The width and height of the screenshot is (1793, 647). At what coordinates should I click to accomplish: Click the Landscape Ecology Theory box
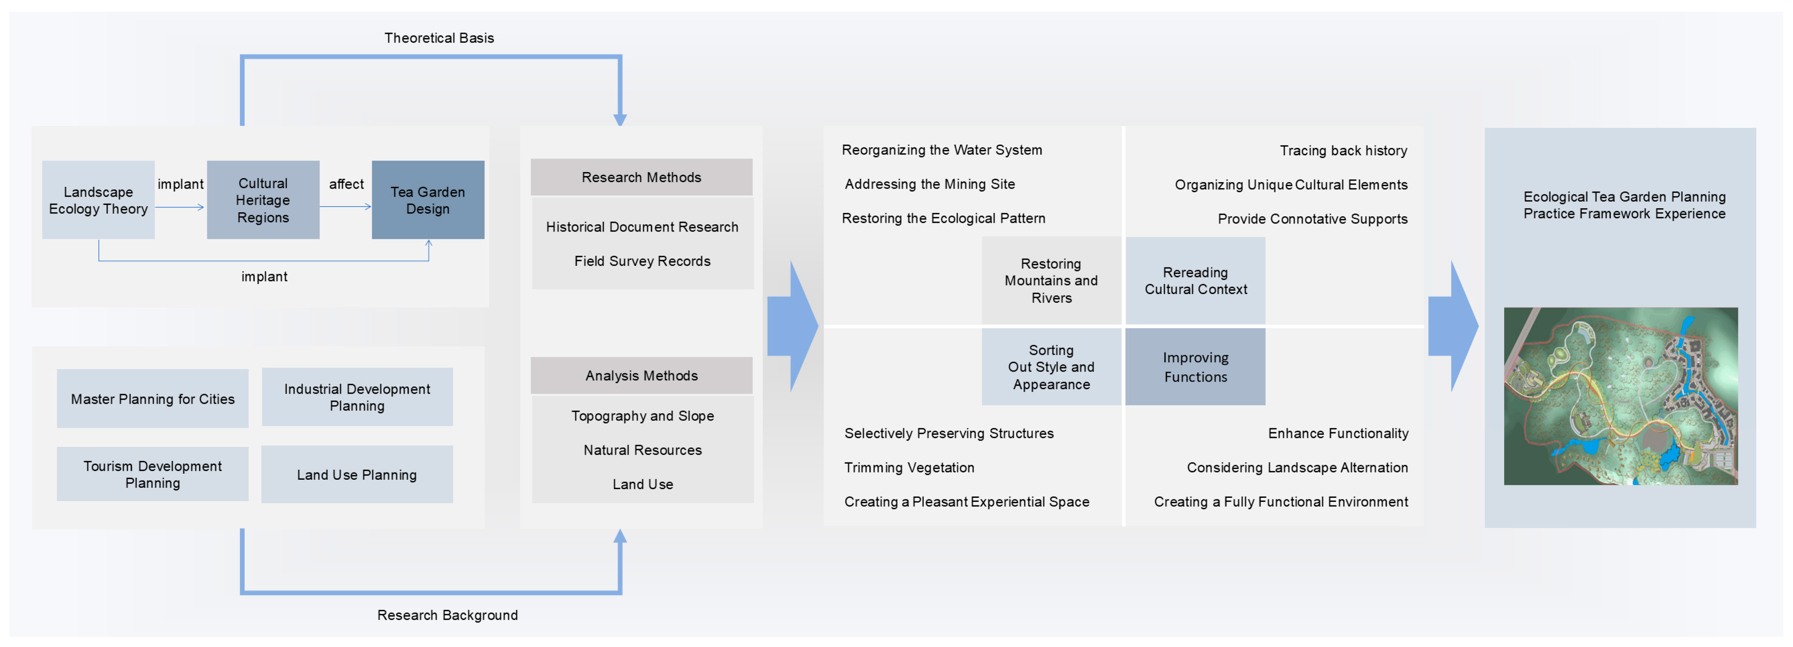coord(98,200)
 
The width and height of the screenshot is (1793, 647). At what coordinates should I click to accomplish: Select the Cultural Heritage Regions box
coord(263,200)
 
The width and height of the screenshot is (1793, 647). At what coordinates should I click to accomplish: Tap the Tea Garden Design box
coord(428,200)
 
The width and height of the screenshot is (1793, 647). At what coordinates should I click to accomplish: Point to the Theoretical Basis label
coord(439,37)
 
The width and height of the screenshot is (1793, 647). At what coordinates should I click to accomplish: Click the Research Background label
coord(448,615)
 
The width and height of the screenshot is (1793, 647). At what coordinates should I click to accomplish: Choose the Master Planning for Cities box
coord(152,398)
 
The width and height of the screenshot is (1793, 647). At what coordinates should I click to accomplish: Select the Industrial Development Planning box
coord(357,397)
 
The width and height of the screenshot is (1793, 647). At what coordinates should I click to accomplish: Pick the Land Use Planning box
coord(357,474)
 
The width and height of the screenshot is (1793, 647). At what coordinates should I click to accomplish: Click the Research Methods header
coord(642,177)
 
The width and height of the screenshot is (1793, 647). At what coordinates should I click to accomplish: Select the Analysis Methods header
coord(642,376)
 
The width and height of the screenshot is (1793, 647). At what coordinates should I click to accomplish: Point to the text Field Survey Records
coord(642,261)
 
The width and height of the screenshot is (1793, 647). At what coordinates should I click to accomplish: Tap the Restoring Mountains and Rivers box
coord(1052,280)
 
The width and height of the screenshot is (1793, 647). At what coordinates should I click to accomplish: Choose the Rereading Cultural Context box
coord(1196,280)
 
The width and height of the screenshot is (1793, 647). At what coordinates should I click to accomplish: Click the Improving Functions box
coord(1196,367)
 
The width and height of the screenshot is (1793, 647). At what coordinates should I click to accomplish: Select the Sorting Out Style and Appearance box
coord(1052,367)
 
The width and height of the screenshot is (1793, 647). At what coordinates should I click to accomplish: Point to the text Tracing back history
coord(1343,150)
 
